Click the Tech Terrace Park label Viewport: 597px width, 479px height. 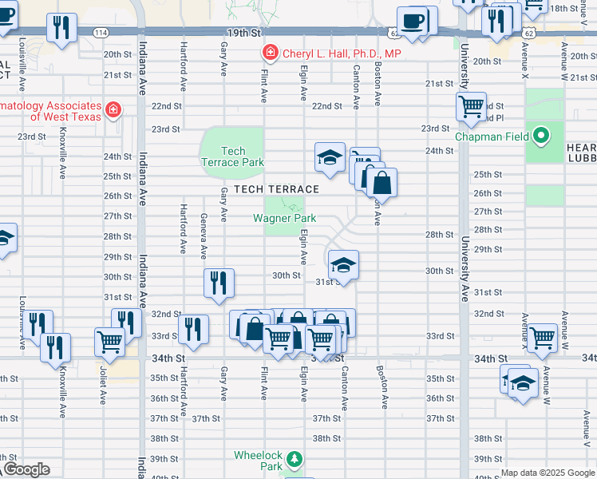click(232, 156)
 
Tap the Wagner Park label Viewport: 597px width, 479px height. click(285, 218)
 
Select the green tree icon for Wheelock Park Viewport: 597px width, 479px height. click(295, 459)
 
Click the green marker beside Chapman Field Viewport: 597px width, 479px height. click(542, 136)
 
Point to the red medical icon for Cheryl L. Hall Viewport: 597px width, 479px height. click(271, 53)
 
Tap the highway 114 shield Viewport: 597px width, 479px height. click(100, 34)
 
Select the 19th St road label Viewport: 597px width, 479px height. click(243, 34)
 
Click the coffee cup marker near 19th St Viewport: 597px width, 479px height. click(412, 21)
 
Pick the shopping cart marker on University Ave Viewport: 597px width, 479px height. click(471, 105)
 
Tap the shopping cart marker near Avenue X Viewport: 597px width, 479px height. click(542, 337)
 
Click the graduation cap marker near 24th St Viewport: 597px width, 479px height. click(329, 156)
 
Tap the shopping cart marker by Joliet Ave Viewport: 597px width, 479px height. click(109, 341)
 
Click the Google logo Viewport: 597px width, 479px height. click(26, 469)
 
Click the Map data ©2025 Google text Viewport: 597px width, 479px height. click(548, 473)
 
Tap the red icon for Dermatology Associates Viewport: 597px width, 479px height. click(114, 109)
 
